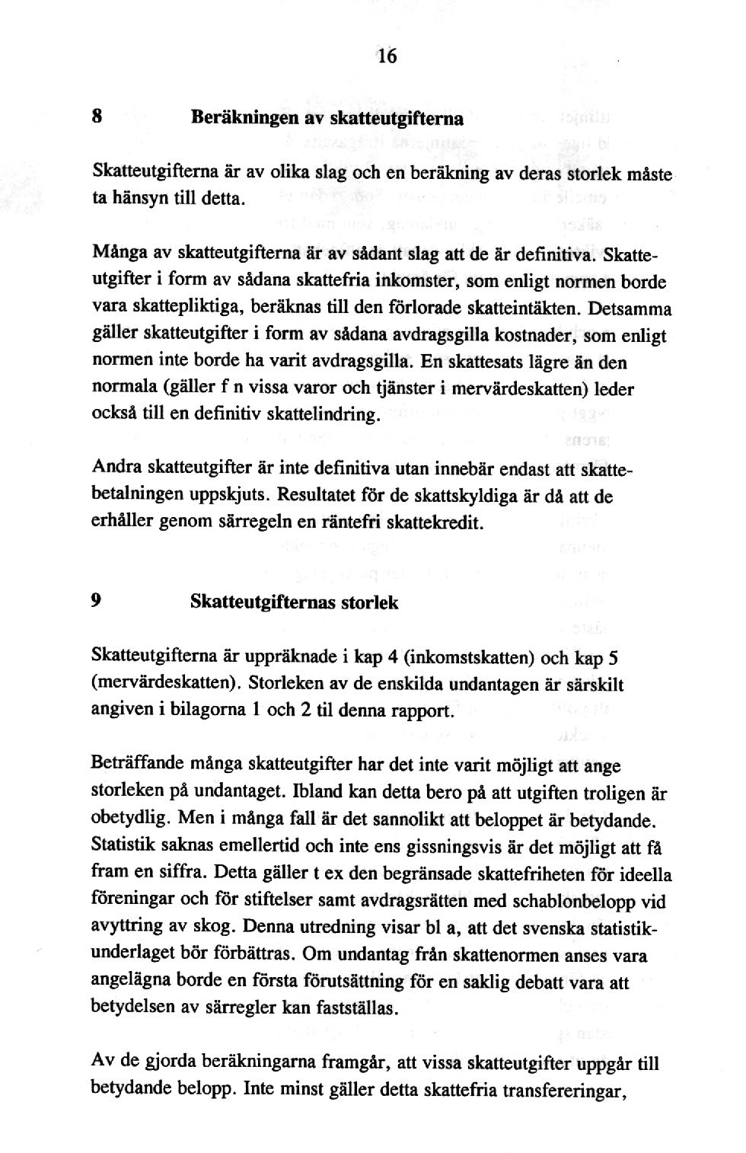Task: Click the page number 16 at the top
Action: [386, 56]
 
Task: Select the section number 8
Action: [97, 117]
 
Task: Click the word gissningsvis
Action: [443, 845]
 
